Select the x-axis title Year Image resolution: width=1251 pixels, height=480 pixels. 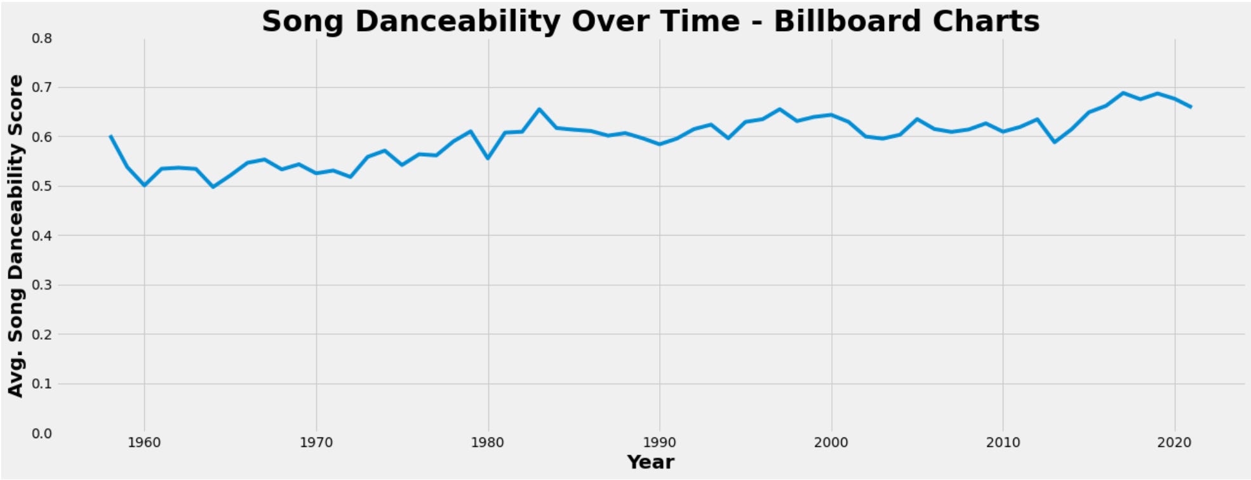click(x=650, y=462)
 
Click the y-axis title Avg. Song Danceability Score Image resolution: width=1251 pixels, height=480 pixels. click(x=15, y=236)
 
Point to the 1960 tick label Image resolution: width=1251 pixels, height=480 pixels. click(x=144, y=443)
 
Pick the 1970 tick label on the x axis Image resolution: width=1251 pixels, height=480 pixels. click(x=316, y=443)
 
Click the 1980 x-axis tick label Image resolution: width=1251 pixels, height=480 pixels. click(x=488, y=443)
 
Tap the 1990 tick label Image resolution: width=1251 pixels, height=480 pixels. click(x=660, y=443)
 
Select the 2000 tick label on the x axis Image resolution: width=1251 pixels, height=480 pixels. click(x=831, y=443)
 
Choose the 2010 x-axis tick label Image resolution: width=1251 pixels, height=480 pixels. click(x=1003, y=443)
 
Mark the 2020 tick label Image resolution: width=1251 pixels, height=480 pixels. click(x=1175, y=443)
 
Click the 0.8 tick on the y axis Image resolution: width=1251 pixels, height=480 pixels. click(x=42, y=38)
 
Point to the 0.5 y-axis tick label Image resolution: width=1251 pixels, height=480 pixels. click(x=42, y=186)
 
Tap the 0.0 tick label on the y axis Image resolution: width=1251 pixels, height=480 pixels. click(x=42, y=433)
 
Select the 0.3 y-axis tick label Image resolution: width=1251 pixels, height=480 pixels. click(x=42, y=285)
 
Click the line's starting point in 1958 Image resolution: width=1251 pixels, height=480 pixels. click(x=110, y=136)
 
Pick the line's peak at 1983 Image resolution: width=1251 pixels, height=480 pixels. click(x=539, y=109)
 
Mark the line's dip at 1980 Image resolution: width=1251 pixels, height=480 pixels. click(x=488, y=158)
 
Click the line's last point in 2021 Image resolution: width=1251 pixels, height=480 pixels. click(x=1191, y=107)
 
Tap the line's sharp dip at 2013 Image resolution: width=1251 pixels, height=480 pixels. click(x=1055, y=142)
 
